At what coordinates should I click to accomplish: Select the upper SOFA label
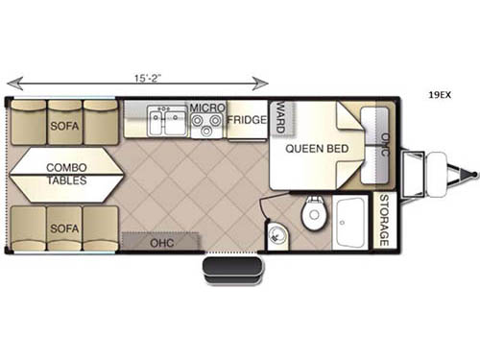coord(65,126)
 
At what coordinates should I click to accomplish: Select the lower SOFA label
coord(65,228)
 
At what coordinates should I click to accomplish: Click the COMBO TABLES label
coord(66,174)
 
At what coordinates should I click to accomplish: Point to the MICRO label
coord(206,108)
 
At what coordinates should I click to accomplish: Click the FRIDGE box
coord(247,120)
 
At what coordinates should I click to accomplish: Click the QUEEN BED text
coord(314,148)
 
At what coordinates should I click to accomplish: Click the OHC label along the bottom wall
coord(161,243)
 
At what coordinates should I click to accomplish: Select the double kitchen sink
coord(166,123)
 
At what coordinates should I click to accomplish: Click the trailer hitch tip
coord(472,174)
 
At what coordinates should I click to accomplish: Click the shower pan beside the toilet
coord(350,223)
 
